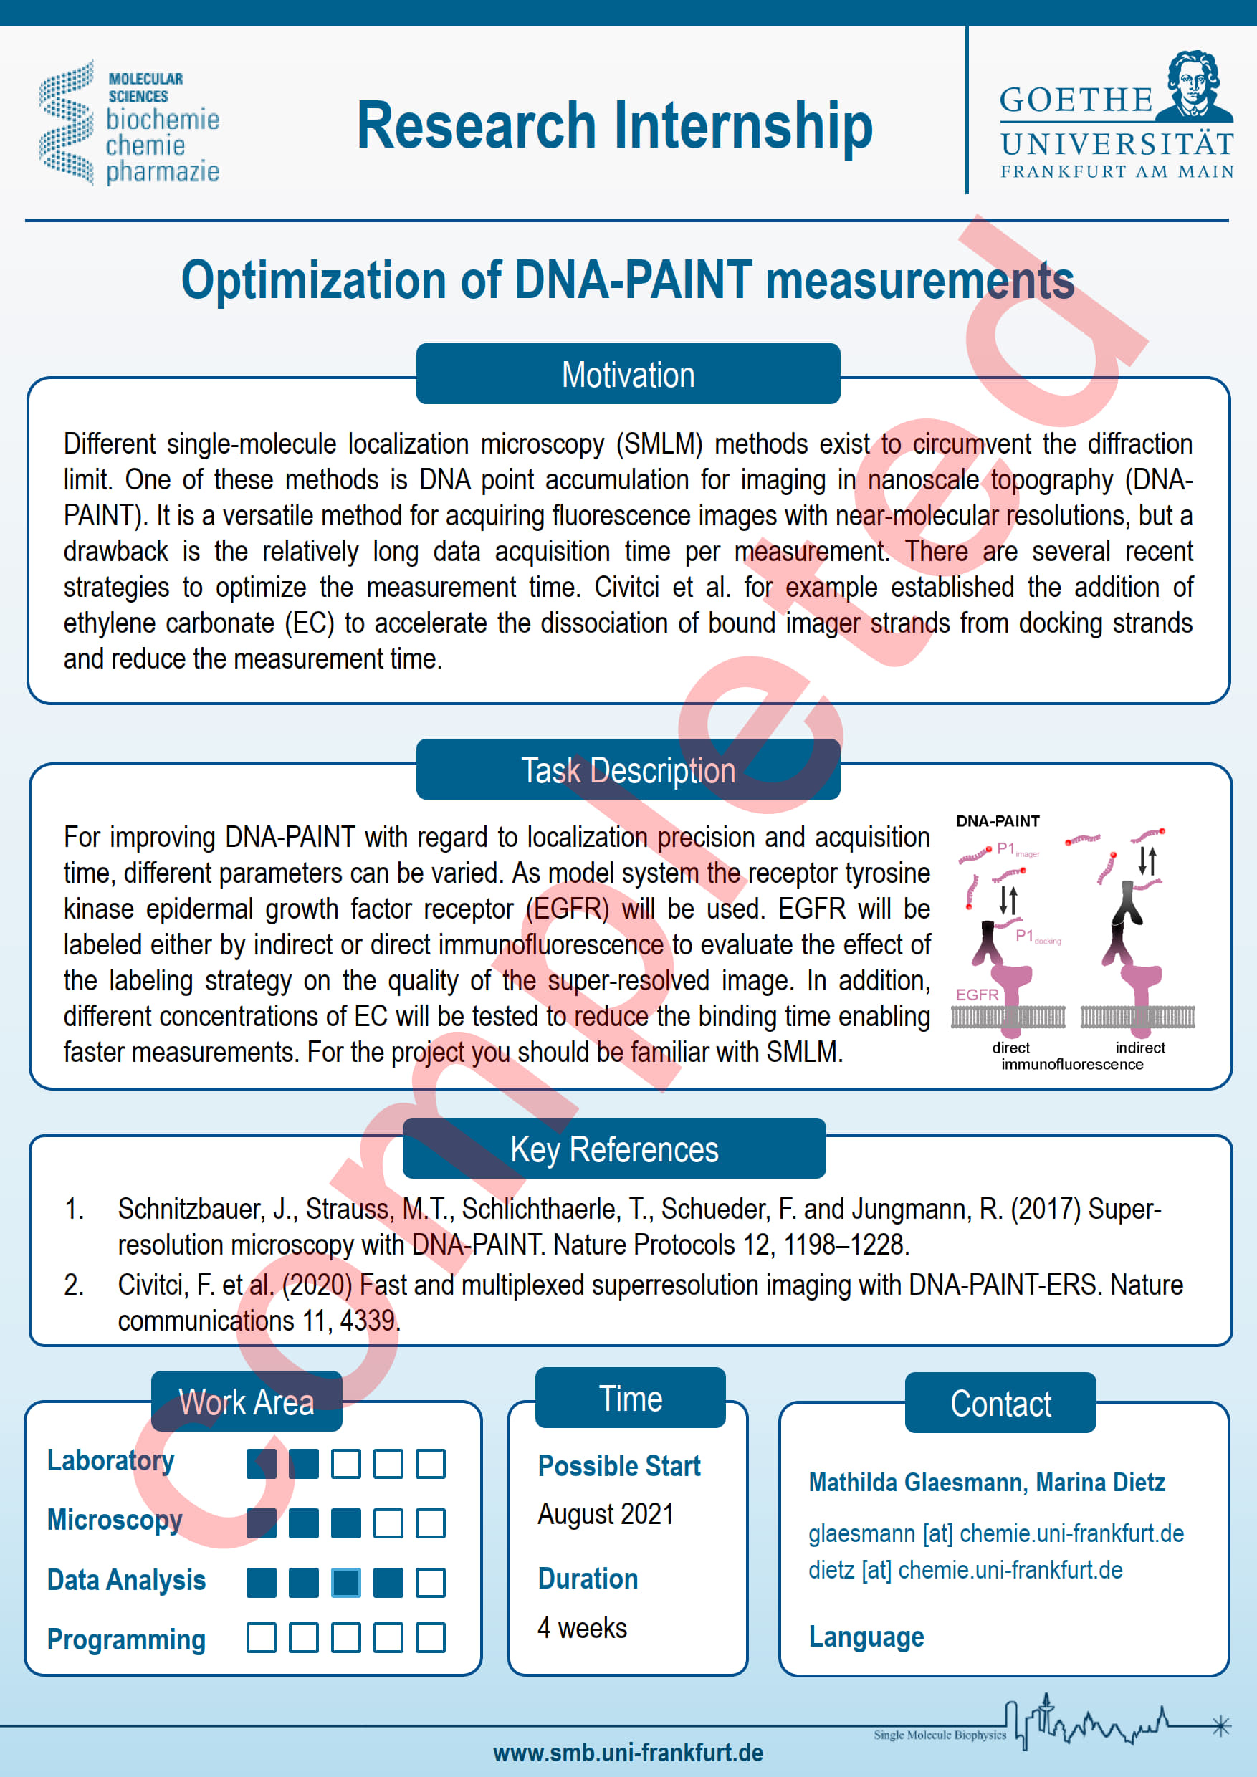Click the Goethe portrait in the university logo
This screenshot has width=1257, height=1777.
coord(1195,86)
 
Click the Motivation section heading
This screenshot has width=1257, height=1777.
coord(628,374)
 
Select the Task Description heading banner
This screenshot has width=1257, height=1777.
coord(628,770)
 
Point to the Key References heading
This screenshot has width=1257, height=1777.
coord(613,1149)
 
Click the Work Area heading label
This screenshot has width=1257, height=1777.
coord(246,1402)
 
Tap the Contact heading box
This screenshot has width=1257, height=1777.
coord(1000,1403)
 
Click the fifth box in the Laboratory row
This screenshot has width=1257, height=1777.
coord(431,1464)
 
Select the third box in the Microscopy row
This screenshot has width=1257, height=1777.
coord(346,1523)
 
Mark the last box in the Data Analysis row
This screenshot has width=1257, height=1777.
coord(431,1583)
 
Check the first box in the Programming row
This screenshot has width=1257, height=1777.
coord(262,1638)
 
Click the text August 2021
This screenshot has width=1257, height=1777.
coord(606,1515)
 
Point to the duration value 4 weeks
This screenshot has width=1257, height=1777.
coord(582,1628)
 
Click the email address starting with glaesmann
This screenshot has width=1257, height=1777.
coord(996,1533)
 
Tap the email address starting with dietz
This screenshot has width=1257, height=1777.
coord(965,1570)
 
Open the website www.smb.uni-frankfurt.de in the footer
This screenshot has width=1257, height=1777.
coord(628,1752)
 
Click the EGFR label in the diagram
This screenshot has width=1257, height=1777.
coord(977,995)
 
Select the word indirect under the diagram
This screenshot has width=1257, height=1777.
coord(1140,1047)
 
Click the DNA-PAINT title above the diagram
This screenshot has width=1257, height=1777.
coord(998,821)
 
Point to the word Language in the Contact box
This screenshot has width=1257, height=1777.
coord(866,1637)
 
